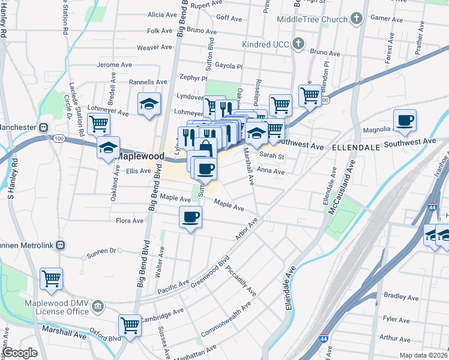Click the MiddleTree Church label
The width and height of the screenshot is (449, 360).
[x=312, y=19]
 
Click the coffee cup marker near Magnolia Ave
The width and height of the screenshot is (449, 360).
[x=405, y=120]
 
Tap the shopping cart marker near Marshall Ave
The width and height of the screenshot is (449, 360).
[x=130, y=325]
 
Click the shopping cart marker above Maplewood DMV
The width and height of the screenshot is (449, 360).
[x=52, y=278]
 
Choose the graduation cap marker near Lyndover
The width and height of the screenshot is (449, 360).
[x=149, y=103]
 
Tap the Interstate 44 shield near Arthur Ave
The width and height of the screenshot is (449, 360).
[x=324, y=339]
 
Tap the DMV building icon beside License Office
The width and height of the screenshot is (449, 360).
[x=98, y=308]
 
